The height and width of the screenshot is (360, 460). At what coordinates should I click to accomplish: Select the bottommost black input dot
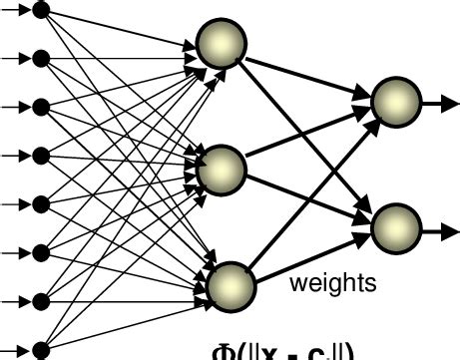tap(41, 349)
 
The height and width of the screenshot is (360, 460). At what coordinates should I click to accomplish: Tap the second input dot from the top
tap(41, 58)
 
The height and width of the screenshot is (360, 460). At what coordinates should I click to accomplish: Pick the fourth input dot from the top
tap(41, 155)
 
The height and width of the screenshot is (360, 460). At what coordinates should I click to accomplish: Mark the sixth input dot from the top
tap(41, 252)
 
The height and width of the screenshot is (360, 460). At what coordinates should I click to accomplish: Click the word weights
tap(333, 283)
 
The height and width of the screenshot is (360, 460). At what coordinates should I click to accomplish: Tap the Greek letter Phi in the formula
tap(224, 351)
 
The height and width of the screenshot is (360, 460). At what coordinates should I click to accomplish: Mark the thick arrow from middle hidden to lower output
tap(304, 195)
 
